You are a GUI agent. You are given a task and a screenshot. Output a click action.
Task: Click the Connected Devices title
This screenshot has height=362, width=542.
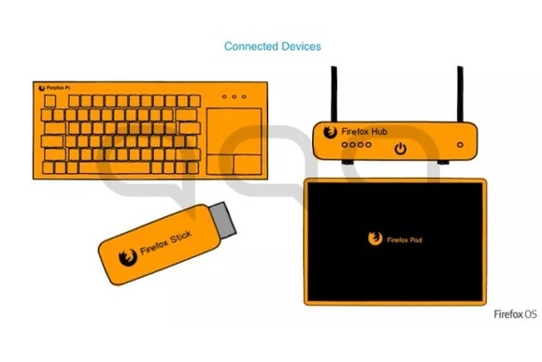tap(273, 46)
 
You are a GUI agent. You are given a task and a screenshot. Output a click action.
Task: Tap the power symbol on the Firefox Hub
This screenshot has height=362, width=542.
tap(400, 148)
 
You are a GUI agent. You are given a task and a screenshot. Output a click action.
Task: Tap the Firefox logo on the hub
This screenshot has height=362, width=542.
tap(330, 132)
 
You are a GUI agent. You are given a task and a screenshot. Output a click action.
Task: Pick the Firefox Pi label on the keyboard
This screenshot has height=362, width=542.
tap(58, 88)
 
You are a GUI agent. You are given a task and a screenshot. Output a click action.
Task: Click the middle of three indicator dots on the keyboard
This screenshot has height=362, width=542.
tap(235, 96)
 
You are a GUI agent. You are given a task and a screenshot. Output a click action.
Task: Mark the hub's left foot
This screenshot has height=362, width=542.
tap(346, 164)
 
